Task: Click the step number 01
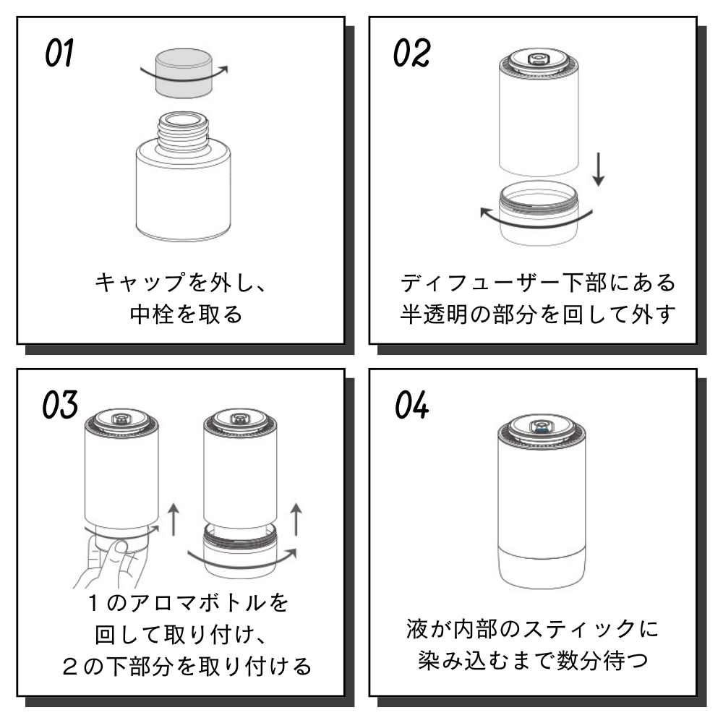tap(60, 54)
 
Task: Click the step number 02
tap(412, 54)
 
